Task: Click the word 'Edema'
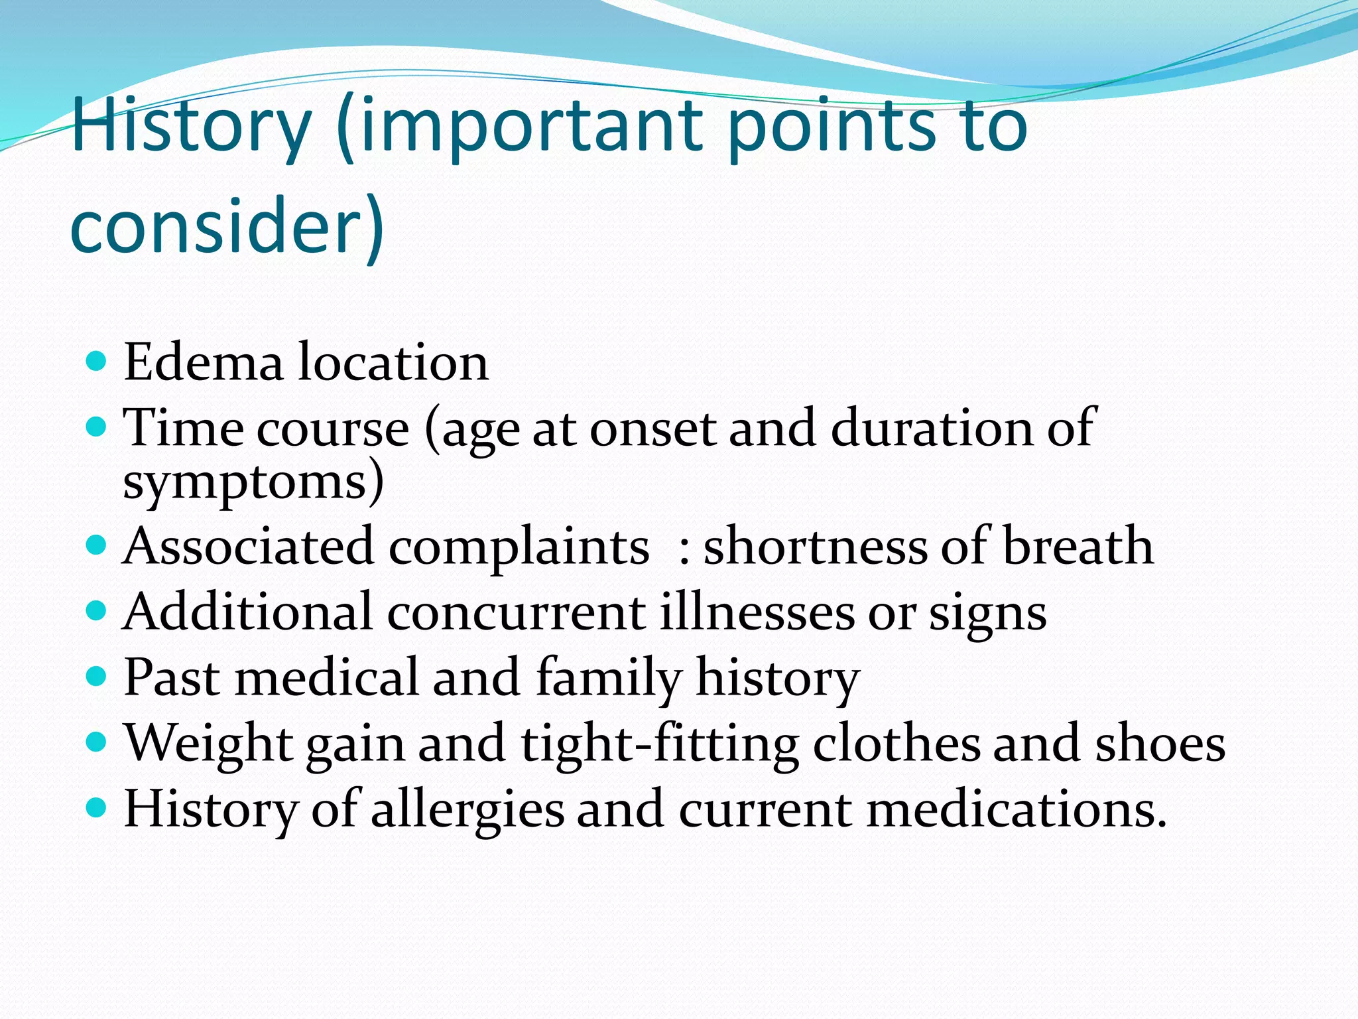[204, 362]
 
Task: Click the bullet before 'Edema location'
[97, 362]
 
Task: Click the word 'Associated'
[248, 546]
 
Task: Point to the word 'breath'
[1078, 546]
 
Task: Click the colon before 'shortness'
[685, 551]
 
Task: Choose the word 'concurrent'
[516, 612]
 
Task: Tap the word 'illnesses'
[757, 612]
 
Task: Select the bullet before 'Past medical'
[97, 677]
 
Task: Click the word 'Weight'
[208, 743]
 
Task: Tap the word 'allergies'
[467, 809]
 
